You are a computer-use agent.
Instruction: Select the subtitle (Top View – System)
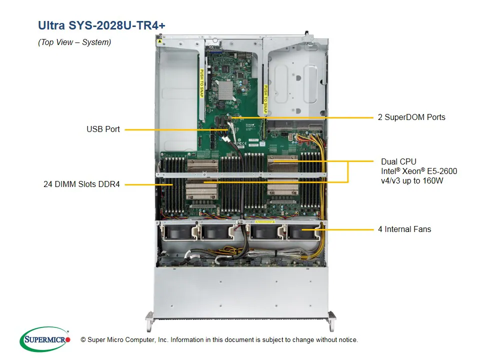tap(74, 42)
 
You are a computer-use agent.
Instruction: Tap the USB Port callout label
tap(103, 129)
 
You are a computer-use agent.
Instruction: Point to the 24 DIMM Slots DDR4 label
tap(81, 184)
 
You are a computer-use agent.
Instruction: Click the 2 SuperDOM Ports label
tap(411, 117)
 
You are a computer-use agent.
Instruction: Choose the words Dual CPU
tap(398, 161)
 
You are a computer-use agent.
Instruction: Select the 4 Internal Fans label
tap(404, 229)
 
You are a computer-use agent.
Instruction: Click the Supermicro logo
tap(44, 339)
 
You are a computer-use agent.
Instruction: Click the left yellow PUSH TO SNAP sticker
tap(202, 82)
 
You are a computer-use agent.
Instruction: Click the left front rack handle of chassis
tap(150, 320)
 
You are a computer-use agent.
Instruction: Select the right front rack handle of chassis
tap(331, 320)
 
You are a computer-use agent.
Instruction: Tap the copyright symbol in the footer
tap(83, 340)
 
